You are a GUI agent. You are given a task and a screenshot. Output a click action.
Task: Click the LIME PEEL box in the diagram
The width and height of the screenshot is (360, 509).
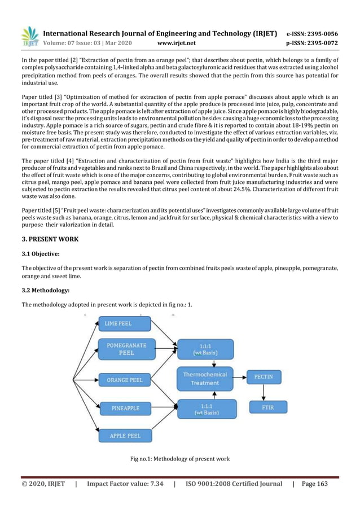point(124,324)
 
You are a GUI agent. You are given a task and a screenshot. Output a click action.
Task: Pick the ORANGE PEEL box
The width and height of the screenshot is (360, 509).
point(125,380)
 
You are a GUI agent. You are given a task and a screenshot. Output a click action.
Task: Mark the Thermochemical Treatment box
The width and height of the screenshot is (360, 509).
point(204,379)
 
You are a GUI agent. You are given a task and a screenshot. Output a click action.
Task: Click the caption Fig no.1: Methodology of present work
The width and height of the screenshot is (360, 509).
point(179,459)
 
